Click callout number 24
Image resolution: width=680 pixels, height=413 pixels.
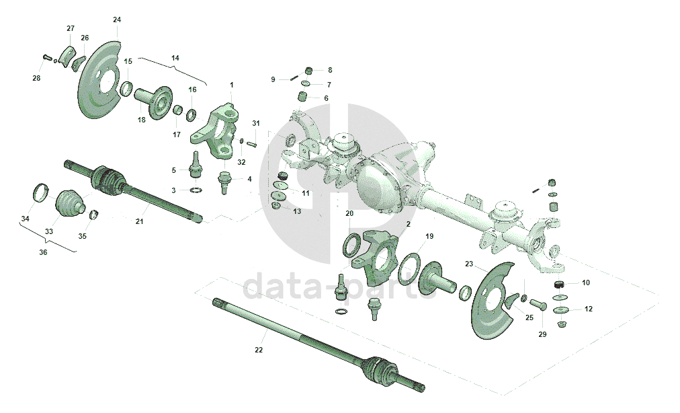tap(118, 19)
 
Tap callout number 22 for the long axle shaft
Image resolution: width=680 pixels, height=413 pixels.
tap(259, 350)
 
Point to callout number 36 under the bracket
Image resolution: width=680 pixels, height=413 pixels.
tap(43, 253)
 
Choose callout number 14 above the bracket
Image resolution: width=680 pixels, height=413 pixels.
tap(175, 59)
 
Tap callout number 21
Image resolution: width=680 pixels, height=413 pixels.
tap(140, 221)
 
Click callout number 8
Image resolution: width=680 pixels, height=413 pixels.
tap(330, 70)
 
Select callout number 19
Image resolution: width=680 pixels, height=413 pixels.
tap(429, 236)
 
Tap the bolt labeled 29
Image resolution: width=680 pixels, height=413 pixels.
tap(538, 305)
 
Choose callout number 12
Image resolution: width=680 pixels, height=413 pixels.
tap(589, 309)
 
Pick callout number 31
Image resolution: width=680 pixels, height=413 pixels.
tap(255, 123)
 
